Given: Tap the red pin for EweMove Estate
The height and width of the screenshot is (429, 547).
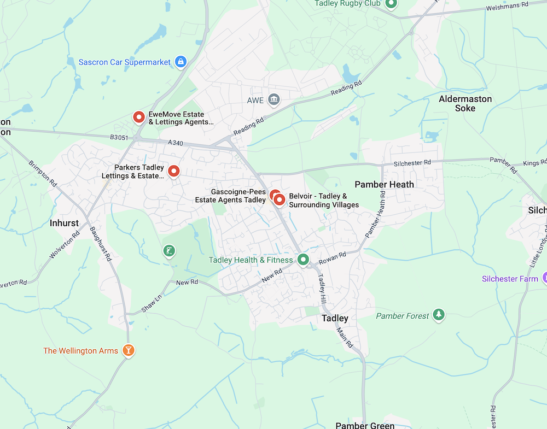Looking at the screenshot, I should [x=139, y=117].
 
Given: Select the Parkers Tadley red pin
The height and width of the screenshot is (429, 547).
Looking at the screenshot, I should [x=174, y=171].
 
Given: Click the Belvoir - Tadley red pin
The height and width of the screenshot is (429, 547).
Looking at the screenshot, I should [x=280, y=200].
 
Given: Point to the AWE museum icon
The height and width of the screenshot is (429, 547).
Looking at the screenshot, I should [x=274, y=99].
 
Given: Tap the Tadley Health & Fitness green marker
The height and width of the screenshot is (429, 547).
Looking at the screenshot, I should [x=303, y=260].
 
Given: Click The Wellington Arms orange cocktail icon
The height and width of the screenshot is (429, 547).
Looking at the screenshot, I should [x=128, y=350].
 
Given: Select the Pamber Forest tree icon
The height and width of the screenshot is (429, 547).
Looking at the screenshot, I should [x=438, y=315].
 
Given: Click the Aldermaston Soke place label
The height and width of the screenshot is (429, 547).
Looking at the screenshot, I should [x=465, y=103].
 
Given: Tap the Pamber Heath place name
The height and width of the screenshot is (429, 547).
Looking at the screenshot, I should [x=384, y=184].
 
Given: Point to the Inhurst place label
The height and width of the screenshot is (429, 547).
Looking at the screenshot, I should [x=64, y=223].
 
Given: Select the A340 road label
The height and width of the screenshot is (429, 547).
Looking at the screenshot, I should [x=176, y=143].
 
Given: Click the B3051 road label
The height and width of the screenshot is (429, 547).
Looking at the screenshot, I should [x=118, y=138].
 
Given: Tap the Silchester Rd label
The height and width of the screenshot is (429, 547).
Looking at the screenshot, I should [x=412, y=162].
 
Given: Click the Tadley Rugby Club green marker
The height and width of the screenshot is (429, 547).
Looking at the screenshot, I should [x=391, y=4].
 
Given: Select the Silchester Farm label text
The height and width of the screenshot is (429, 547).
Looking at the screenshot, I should [x=510, y=279].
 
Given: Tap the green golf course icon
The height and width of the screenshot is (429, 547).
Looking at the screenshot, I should [x=170, y=251].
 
